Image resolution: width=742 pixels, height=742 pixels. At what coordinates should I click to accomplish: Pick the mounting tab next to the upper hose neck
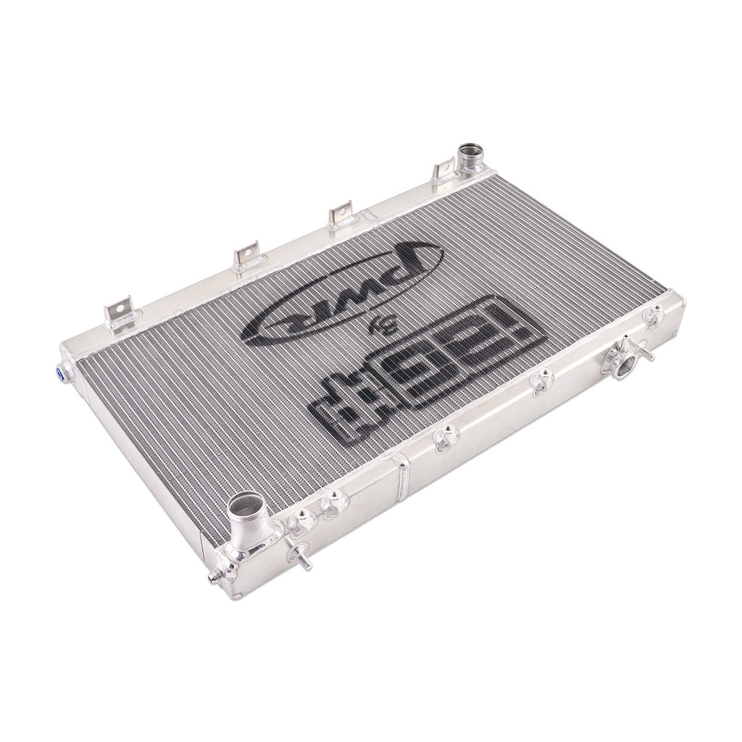pyautogui.click(x=442, y=171)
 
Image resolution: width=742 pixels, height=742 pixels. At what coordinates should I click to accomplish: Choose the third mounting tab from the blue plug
pyautogui.click(x=340, y=214)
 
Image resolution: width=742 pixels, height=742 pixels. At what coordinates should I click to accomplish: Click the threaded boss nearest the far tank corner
pyautogui.click(x=653, y=316)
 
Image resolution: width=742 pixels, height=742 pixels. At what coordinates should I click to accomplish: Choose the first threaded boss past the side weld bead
pyautogui.click(x=446, y=437)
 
